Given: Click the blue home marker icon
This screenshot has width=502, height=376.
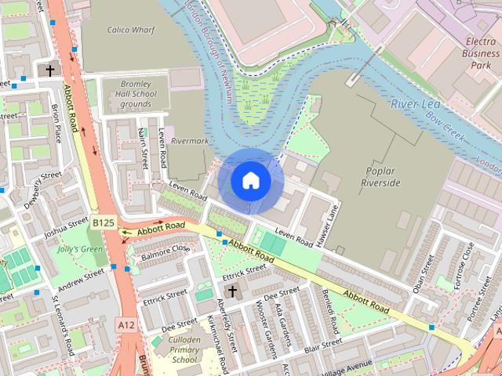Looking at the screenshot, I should (251, 181).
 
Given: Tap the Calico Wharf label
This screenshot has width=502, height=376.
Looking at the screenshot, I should (130, 30).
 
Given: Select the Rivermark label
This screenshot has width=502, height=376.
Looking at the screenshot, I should (189, 141).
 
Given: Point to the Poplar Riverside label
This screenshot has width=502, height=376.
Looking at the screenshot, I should (380, 177).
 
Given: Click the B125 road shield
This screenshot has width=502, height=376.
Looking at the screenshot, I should (103, 223).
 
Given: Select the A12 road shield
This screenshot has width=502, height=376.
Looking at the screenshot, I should (125, 324).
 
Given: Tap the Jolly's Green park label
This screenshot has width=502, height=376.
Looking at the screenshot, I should (80, 250).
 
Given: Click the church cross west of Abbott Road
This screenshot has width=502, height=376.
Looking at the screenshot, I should (50, 70).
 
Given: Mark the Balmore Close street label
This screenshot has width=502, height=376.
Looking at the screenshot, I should (166, 252).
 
